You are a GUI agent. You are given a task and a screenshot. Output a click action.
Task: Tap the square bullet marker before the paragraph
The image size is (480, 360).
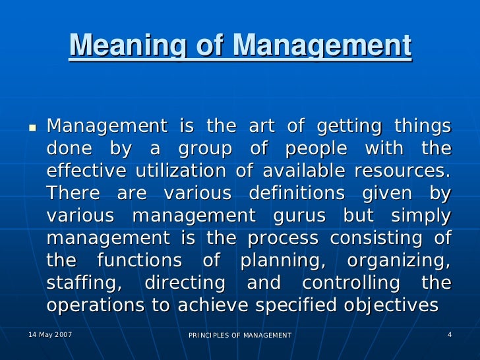31,125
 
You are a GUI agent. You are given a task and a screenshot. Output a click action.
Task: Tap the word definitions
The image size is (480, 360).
297,193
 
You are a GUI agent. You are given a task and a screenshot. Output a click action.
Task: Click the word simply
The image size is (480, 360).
421,216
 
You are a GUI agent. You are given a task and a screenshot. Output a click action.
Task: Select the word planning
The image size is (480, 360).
282,261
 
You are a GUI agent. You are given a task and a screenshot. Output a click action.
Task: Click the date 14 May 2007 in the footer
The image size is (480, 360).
50,335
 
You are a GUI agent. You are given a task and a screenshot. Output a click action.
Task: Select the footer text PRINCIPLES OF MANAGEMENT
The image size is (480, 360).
240,336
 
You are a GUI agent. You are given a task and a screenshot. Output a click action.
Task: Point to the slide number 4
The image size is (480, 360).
449,335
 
